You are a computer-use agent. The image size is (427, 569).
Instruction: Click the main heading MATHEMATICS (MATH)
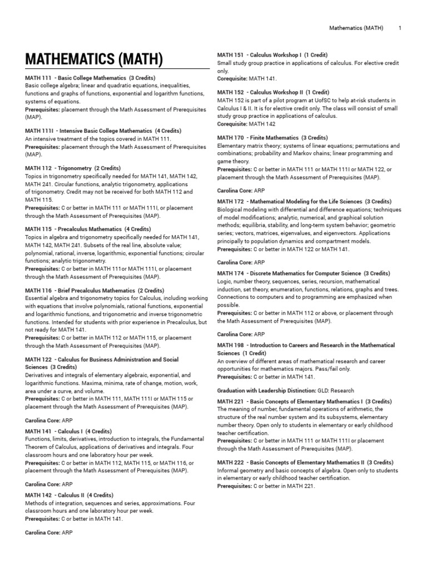pos(94,59)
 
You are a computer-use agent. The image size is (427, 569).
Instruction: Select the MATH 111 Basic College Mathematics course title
pos(90,78)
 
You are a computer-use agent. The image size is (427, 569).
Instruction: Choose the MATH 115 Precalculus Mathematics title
pos(88,229)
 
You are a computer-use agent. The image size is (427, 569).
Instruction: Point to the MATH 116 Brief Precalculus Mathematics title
pos(95,290)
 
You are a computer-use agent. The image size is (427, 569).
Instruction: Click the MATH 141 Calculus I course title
pos(68,431)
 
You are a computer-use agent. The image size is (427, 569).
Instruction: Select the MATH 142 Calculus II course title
pos(69,495)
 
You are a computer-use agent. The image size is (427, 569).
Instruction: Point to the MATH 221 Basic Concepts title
pos(305,401)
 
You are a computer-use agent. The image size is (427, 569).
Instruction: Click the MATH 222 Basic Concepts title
pos(305,462)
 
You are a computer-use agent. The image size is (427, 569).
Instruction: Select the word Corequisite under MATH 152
pos(232,124)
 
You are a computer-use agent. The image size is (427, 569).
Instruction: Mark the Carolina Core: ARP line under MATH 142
pos(49,532)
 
